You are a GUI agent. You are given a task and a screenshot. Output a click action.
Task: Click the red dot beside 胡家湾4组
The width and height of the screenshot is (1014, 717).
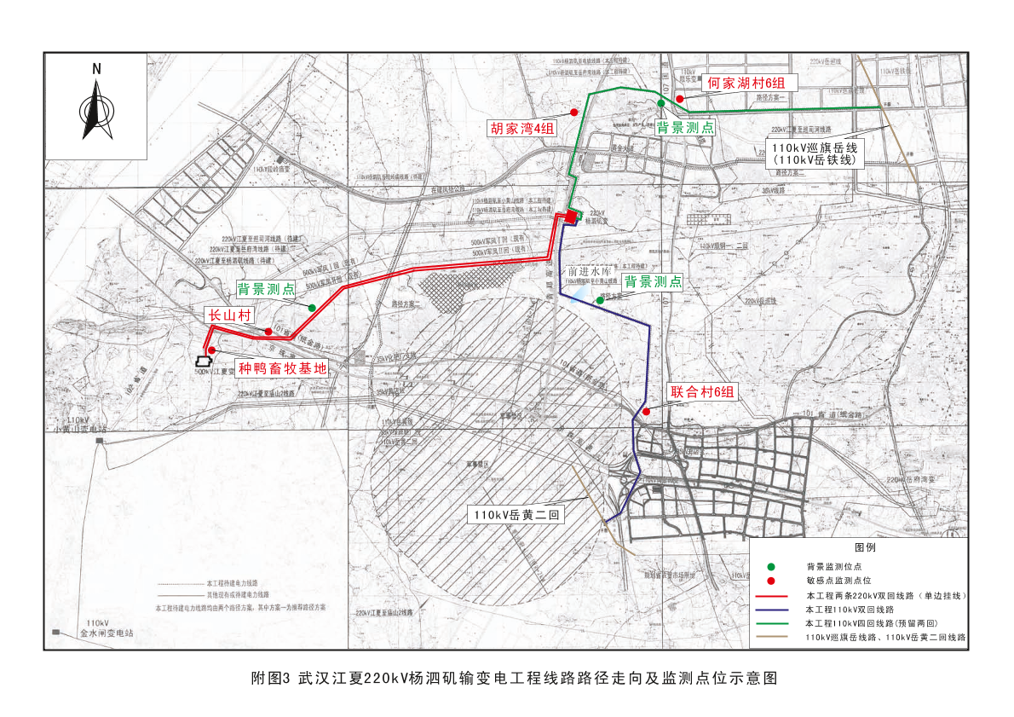click(x=574, y=113)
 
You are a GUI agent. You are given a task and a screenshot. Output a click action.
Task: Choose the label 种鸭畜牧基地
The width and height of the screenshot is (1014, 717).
click(x=281, y=368)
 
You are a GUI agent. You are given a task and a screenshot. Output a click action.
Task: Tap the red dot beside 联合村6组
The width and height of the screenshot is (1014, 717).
click(x=647, y=412)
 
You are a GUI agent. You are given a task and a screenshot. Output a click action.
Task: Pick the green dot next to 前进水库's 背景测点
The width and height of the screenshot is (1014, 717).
click(x=600, y=300)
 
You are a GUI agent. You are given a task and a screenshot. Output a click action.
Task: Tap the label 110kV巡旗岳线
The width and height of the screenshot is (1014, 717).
click(x=814, y=147)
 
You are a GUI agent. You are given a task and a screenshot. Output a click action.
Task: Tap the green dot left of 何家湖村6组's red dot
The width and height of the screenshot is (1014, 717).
click(x=661, y=103)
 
